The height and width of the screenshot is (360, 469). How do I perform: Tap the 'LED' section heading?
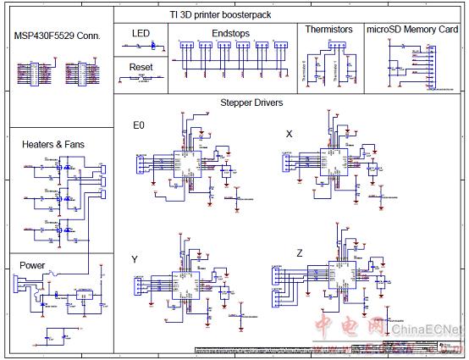pos(141,32)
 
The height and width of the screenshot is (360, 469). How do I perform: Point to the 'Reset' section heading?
pos(141,66)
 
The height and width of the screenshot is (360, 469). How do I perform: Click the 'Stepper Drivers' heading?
pos(251,102)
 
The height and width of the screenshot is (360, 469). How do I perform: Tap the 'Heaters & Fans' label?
pos(52,145)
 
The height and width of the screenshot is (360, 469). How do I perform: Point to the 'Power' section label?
pos(32,265)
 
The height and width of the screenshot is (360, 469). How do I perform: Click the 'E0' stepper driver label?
pos(139,125)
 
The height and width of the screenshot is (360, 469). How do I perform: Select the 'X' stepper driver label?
pos(289,134)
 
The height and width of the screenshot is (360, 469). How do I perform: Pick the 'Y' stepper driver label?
pos(135,258)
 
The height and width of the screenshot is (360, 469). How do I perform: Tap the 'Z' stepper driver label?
pos(299,253)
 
